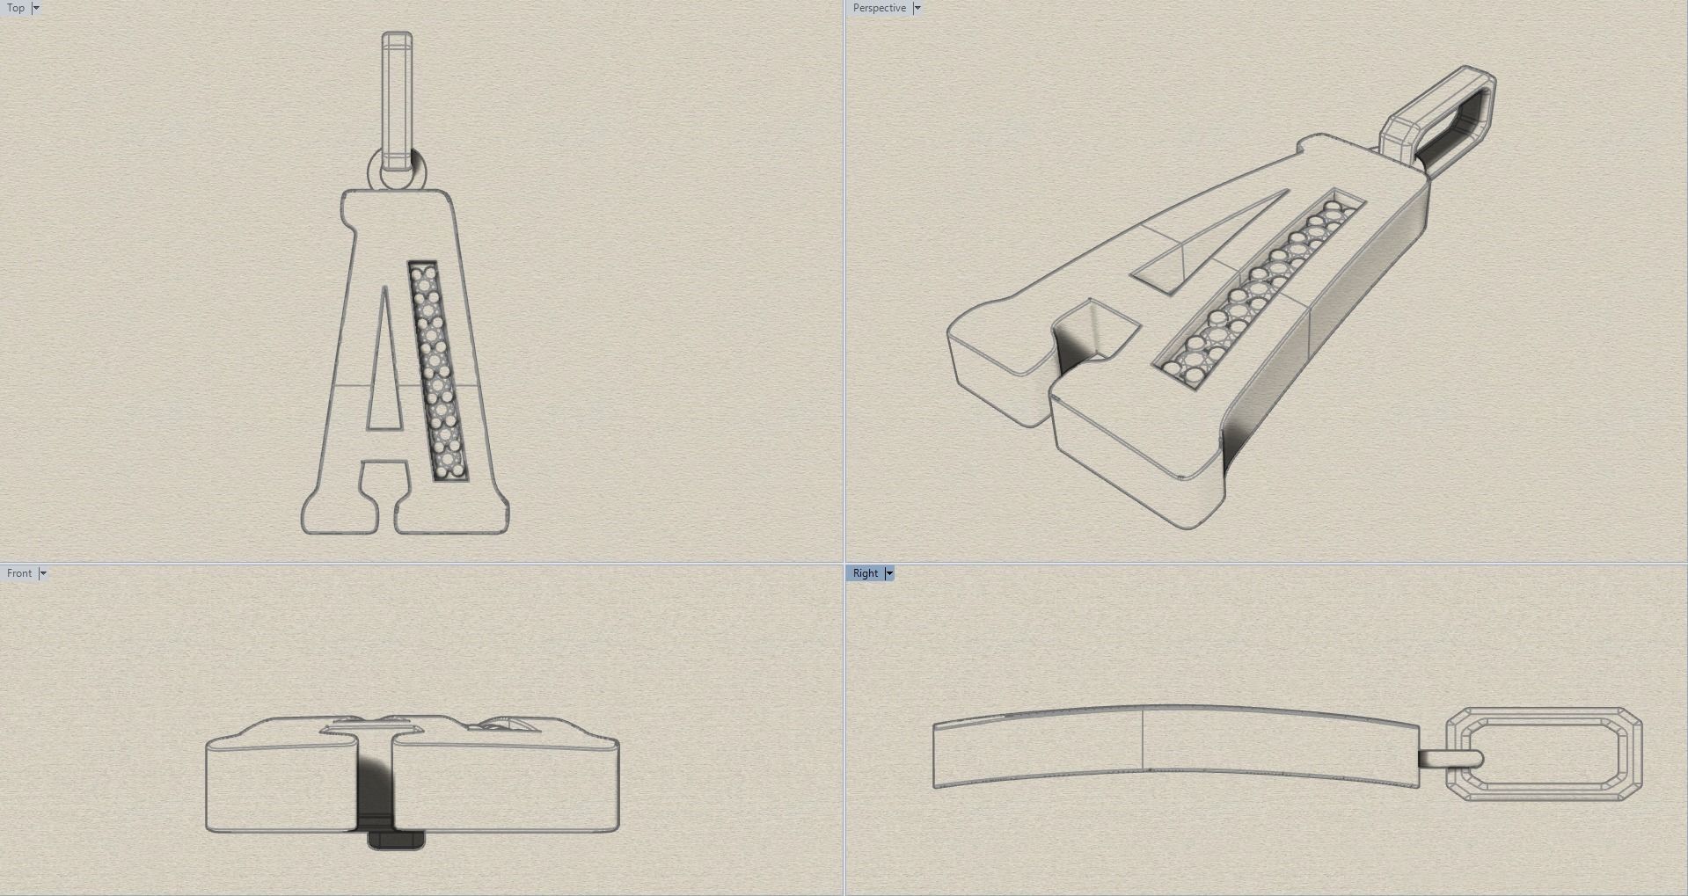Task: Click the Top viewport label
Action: click(x=16, y=8)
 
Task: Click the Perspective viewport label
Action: click(x=879, y=8)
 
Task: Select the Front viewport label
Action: click(x=19, y=573)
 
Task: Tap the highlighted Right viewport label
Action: click(x=866, y=573)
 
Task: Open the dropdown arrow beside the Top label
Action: click(x=36, y=8)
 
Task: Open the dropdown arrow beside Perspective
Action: click(x=917, y=8)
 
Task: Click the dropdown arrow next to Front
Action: click(x=42, y=573)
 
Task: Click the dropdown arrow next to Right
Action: click(x=889, y=573)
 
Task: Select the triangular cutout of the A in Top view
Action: click(x=383, y=361)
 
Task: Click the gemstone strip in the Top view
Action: click(x=437, y=370)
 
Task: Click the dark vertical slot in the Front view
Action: click(x=374, y=783)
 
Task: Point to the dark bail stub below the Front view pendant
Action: click(x=395, y=840)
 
